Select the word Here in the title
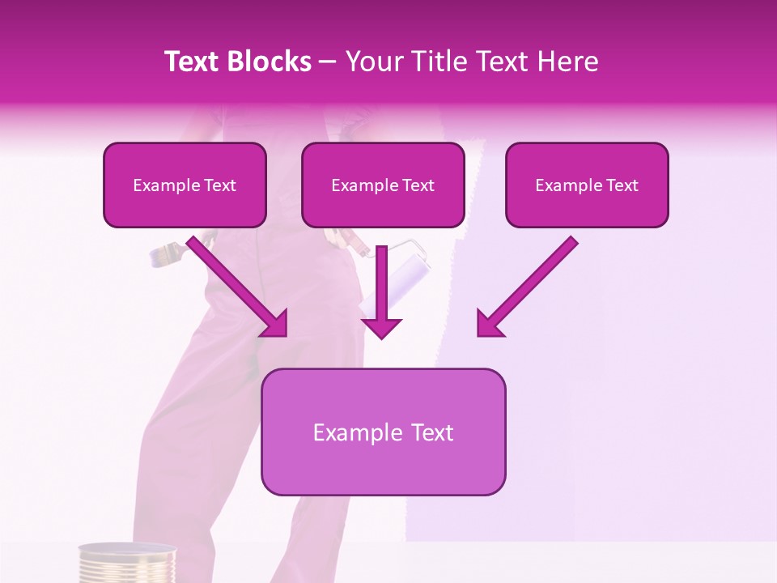pos(567,62)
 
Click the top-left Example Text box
pos(185,185)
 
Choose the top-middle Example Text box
pos(383,185)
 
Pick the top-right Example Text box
pos(587,185)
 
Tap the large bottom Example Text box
pos(383,432)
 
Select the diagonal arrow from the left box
pos(235,283)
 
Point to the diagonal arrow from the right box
pos(530,283)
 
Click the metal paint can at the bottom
pos(127,564)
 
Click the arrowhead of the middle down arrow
pos(382,327)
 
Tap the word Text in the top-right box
pos(622,185)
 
